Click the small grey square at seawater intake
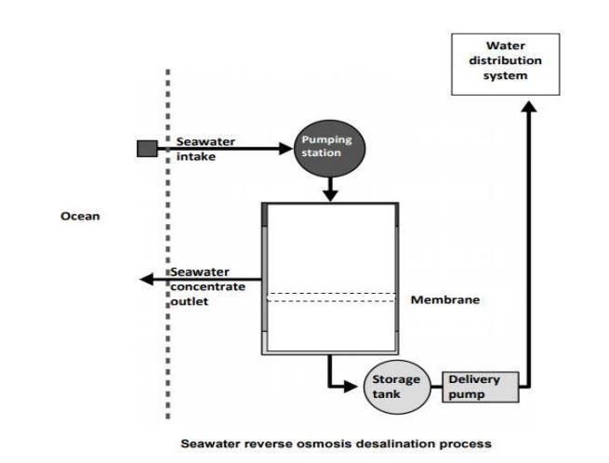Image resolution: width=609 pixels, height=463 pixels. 147,149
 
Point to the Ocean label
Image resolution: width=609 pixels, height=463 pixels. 81,216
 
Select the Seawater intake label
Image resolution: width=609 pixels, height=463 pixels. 205,149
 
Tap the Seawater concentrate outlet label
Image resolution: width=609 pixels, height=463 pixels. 207,287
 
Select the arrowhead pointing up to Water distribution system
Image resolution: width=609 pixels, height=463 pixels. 530,109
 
